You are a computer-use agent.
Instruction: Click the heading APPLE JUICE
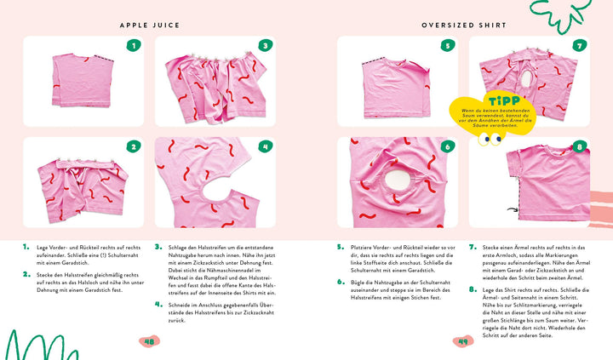point(149,26)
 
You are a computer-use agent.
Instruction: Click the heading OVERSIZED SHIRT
point(464,26)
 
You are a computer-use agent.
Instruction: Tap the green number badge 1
point(133,46)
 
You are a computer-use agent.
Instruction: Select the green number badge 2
point(133,146)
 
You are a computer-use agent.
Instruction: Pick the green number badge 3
point(265,46)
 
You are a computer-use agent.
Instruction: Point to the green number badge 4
point(265,146)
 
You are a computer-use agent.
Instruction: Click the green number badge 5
point(447,46)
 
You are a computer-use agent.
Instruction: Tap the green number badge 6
point(447,146)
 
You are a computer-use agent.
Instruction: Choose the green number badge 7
point(580,46)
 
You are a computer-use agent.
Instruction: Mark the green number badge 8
point(580,146)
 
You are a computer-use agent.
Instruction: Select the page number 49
point(464,341)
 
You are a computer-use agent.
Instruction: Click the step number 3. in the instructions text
point(158,247)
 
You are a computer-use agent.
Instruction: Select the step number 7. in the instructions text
point(473,247)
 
